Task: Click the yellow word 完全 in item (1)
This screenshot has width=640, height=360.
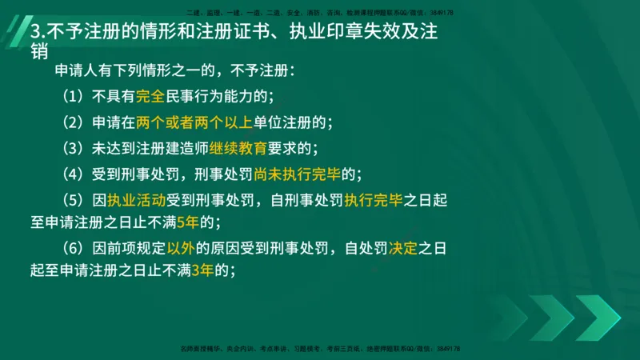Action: [150, 97]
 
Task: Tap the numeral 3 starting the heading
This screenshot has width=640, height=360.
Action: [34, 34]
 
